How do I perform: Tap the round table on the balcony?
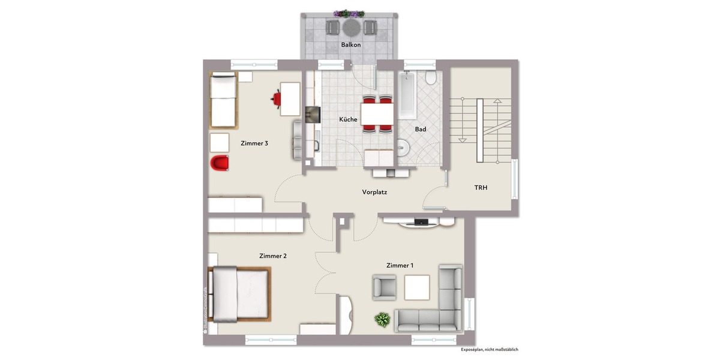(x=350, y=27)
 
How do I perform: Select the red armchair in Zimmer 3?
(x=220, y=163)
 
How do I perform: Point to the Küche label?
(x=348, y=119)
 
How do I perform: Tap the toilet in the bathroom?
(x=430, y=79)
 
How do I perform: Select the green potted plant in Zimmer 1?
(x=382, y=320)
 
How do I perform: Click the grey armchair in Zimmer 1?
(x=384, y=287)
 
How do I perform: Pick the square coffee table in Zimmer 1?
(x=416, y=287)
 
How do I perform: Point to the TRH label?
(x=481, y=188)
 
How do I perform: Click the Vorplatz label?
(x=374, y=193)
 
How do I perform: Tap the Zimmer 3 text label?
(x=254, y=143)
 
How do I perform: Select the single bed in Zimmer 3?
(x=224, y=100)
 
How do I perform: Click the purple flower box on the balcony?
(x=350, y=13)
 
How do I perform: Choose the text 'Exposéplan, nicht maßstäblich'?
(x=489, y=349)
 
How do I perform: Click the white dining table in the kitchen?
(x=377, y=112)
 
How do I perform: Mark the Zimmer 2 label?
(x=272, y=256)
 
